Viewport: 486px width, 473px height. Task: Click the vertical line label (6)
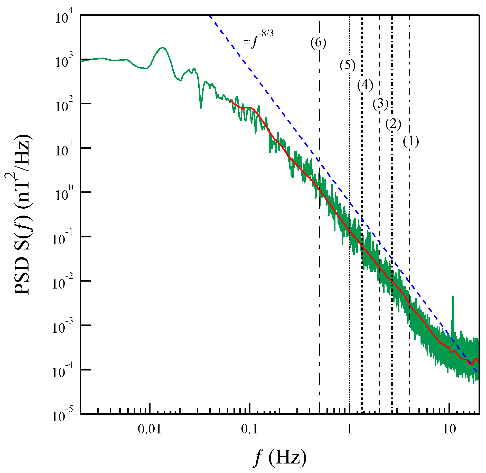(318, 43)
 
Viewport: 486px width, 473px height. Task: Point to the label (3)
(380, 104)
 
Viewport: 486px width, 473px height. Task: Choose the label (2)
(393, 124)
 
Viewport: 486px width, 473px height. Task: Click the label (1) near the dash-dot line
(411, 142)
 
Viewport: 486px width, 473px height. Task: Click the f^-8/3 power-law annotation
(258, 40)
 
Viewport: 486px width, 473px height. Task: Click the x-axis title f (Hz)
(280, 458)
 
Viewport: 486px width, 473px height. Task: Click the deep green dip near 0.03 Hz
(201, 108)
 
